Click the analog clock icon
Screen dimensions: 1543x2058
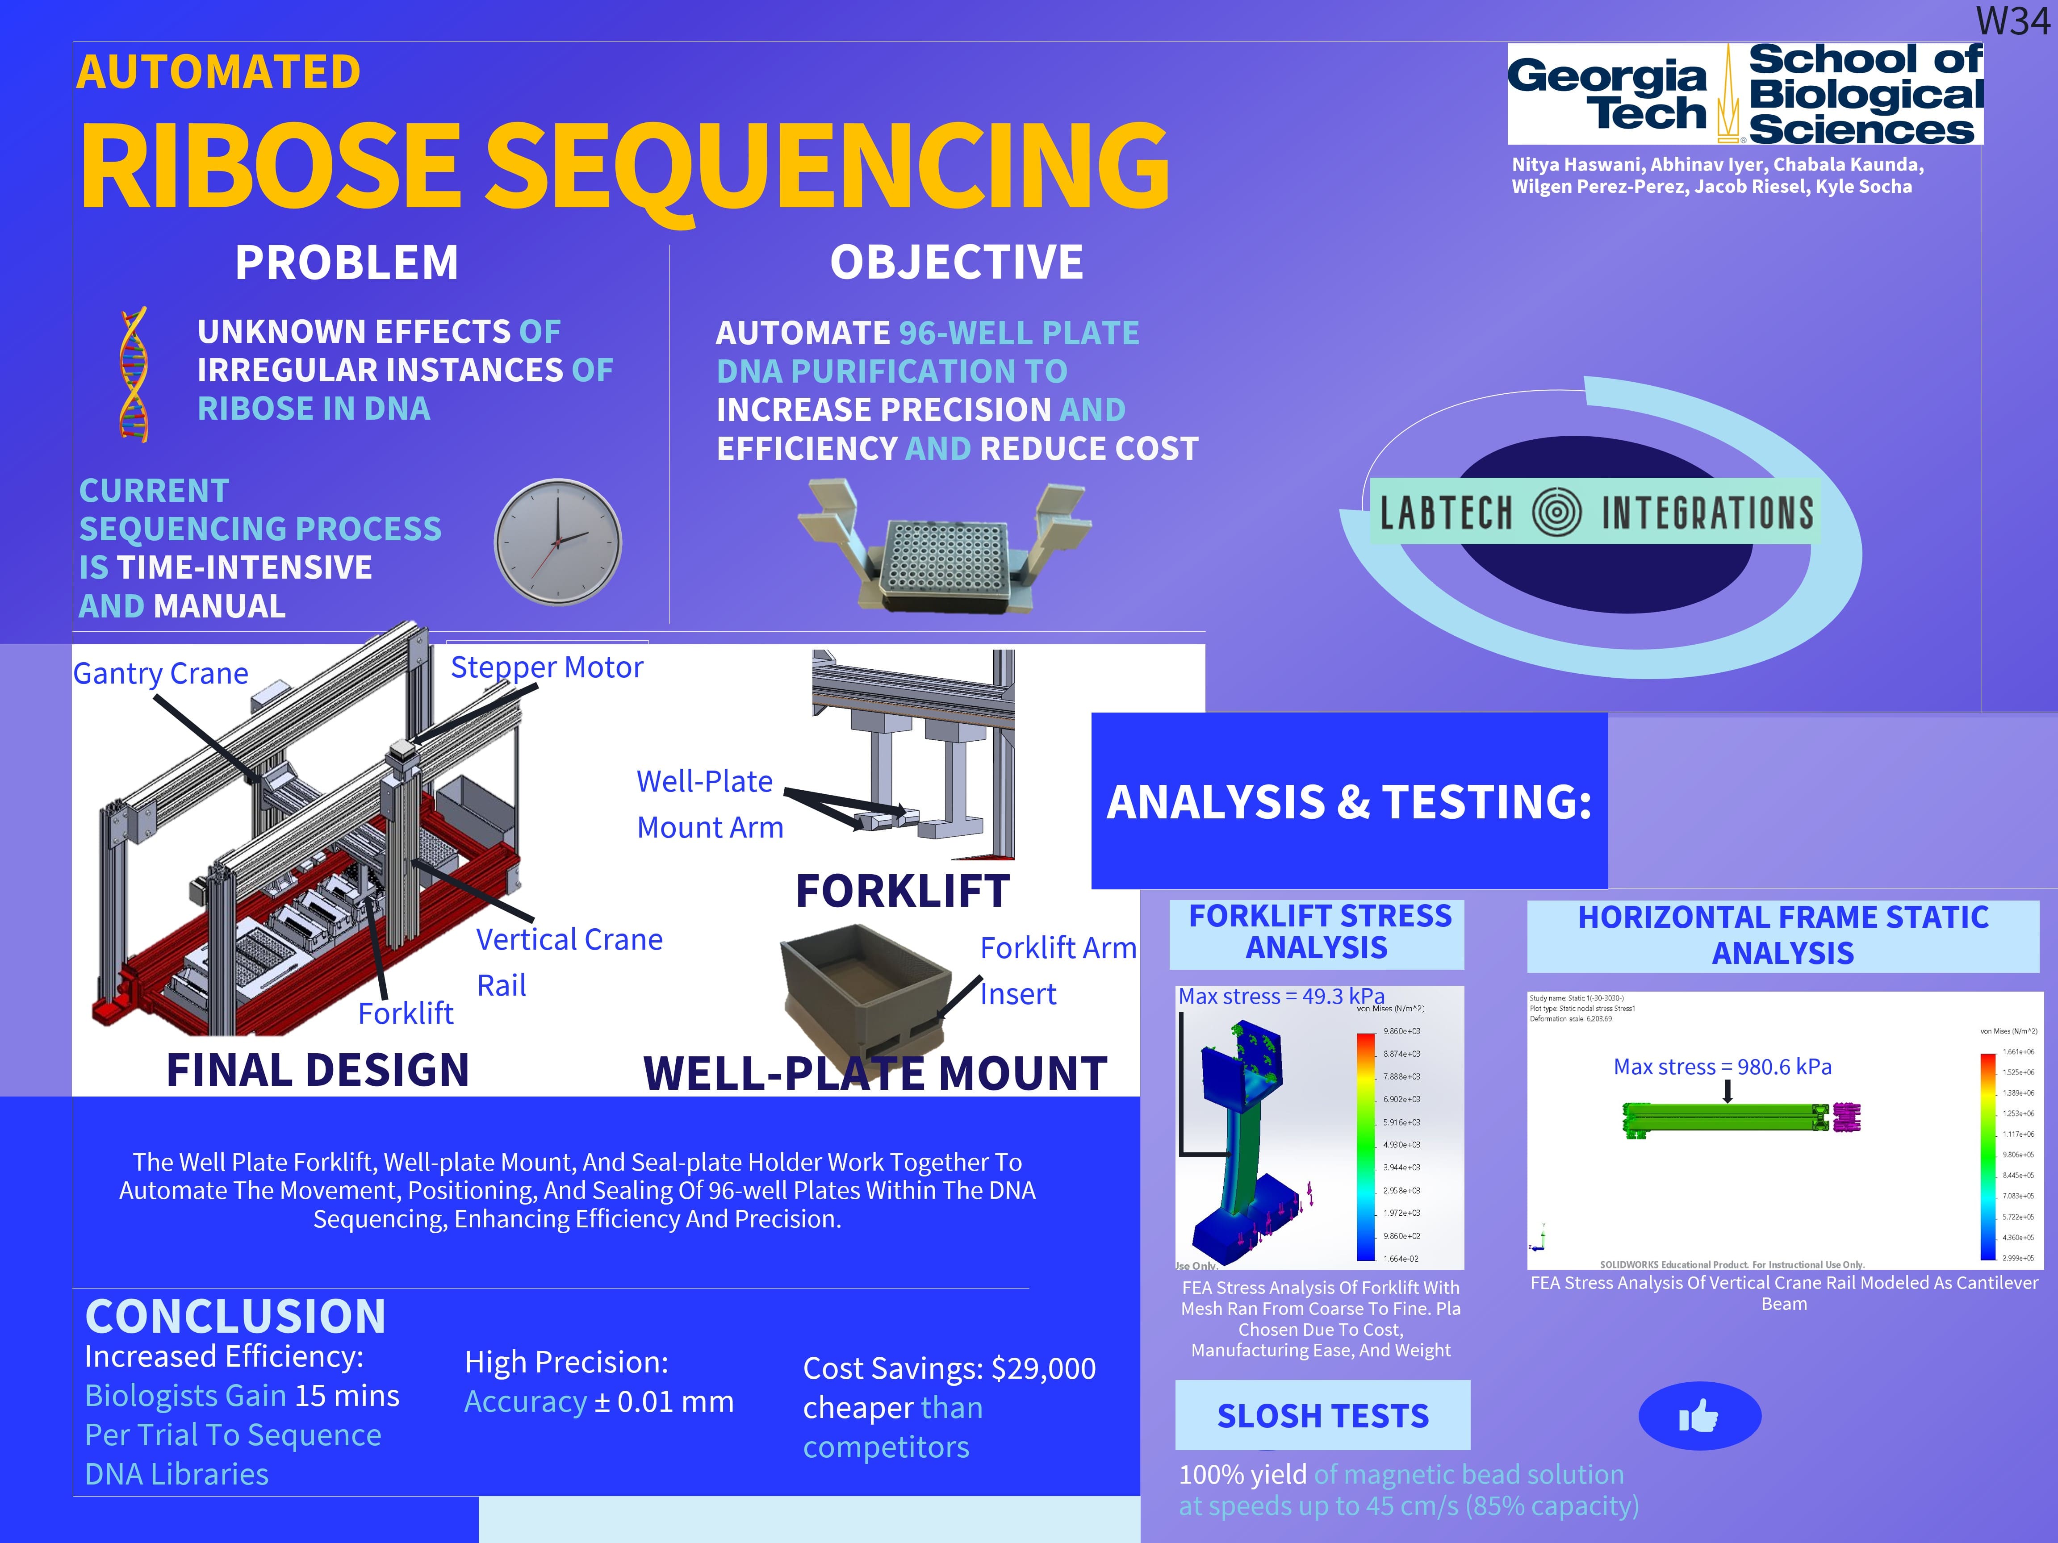pyautogui.click(x=557, y=542)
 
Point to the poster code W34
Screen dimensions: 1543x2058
pyautogui.click(x=2012, y=21)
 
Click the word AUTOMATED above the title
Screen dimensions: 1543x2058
pyautogui.click(x=219, y=72)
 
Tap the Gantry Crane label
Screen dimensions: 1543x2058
pyautogui.click(x=161, y=673)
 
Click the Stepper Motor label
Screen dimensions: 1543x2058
pyautogui.click(x=546, y=668)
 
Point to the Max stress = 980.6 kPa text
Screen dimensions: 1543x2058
pyautogui.click(x=1722, y=1067)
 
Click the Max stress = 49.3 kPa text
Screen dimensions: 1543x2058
pyautogui.click(x=1281, y=996)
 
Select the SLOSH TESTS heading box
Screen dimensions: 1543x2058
pyautogui.click(x=1322, y=1416)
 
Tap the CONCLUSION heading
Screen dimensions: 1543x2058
pyautogui.click(x=235, y=1316)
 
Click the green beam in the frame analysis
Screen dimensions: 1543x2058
pyautogui.click(x=1721, y=1119)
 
